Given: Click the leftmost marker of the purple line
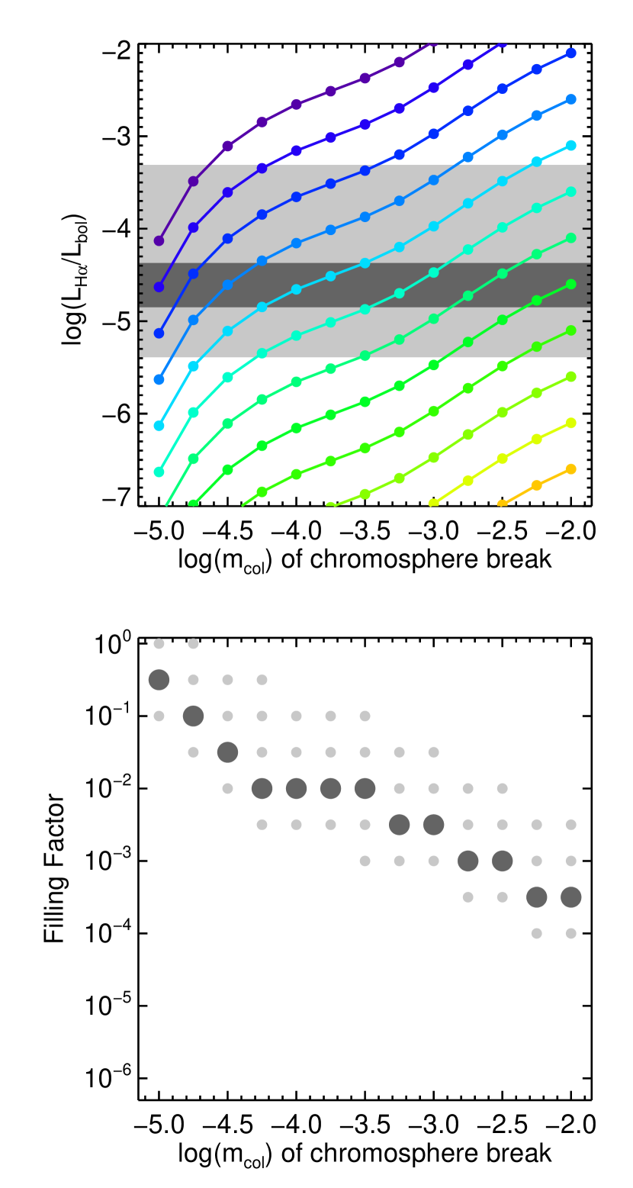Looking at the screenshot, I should point(159,241).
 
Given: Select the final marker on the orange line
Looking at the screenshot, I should point(570,469).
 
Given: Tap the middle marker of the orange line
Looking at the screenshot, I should point(536,485).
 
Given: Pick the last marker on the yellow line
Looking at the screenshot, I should point(570,423).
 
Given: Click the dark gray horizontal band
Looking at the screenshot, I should point(365,285).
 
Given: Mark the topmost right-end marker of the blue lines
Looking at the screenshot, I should point(570,53).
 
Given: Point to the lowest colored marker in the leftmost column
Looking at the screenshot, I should point(159,472).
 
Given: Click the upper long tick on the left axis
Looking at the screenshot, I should point(142,228).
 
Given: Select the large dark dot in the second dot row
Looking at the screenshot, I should point(159,680).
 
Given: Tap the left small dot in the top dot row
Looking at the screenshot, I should point(159,644).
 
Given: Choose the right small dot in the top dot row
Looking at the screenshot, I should point(193,644).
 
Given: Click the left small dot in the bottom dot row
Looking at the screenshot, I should point(536,933).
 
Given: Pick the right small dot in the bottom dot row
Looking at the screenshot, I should point(570,933).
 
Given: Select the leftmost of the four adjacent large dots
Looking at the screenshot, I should point(262,788).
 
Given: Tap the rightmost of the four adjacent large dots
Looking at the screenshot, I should point(365,788).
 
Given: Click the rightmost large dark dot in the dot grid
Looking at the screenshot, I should point(570,897).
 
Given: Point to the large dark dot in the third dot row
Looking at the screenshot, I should point(193,716).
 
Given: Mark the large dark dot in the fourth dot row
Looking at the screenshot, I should point(227,752).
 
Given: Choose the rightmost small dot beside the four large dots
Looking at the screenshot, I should point(502,788).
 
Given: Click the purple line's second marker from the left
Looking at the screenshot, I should point(193,182).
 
